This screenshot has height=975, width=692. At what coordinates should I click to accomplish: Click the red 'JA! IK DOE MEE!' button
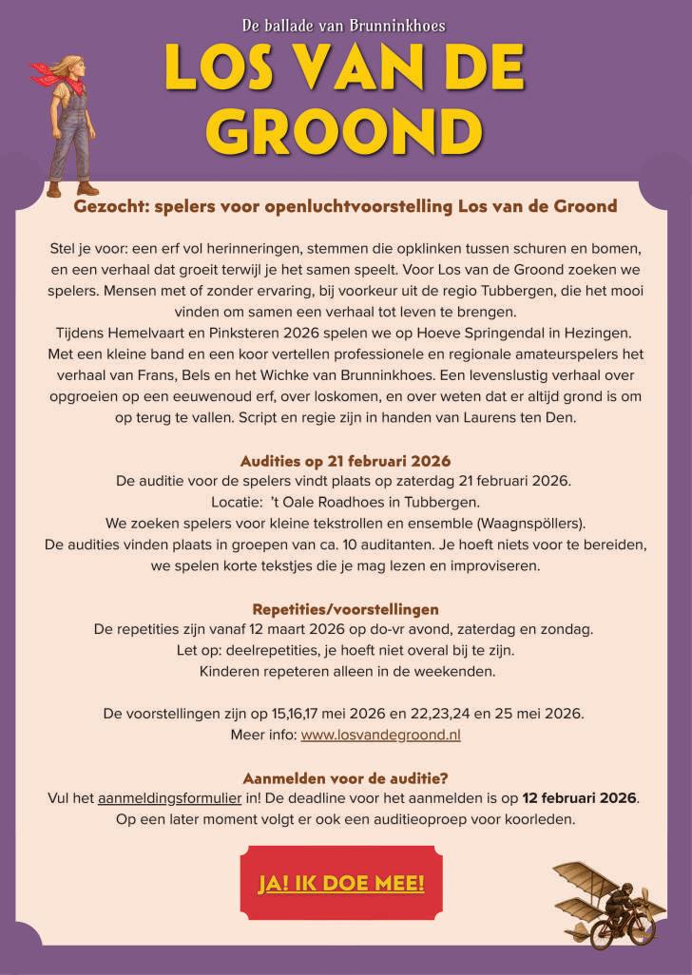pyautogui.click(x=340, y=883)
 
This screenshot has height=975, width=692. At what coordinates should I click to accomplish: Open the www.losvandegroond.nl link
pyautogui.click(x=380, y=735)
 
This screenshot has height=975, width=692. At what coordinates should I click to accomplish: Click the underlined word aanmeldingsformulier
pyautogui.click(x=156, y=797)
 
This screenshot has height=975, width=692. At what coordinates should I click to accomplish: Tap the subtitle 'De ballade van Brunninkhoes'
pyautogui.click(x=345, y=25)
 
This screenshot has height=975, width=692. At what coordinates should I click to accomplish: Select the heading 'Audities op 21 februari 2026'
pyautogui.click(x=345, y=461)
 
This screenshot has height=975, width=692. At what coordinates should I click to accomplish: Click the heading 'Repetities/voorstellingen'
pyautogui.click(x=345, y=608)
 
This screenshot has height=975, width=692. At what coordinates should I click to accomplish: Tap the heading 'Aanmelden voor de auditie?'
pyautogui.click(x=345, y=776)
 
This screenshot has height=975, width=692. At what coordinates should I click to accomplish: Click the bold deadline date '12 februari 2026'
pyautogui.click(x=579, y=797)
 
